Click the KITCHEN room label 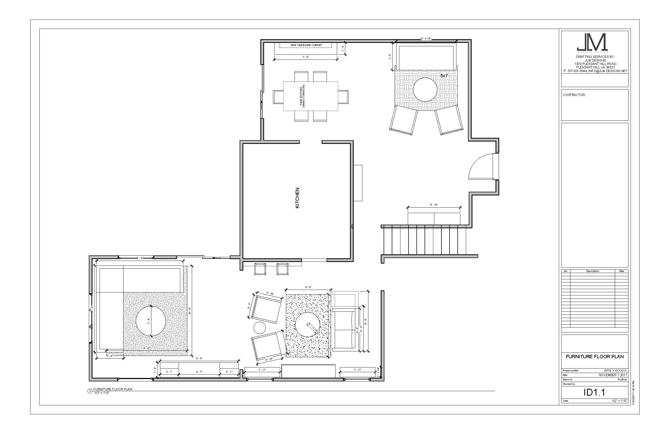point(297,198)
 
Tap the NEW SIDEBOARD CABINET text point(306,45)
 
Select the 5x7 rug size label point(444,75)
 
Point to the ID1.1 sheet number point(594,392)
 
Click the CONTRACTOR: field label point(574,95)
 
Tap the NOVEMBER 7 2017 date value point(612,375)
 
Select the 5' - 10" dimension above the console point(434,205)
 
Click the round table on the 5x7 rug point(425,90)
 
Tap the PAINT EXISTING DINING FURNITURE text point(302,96)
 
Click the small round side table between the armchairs point(260,328)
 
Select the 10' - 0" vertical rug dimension point(190,311)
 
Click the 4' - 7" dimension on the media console point(199,372)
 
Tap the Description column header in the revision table point(592,271)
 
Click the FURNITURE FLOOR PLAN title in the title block point(595,356)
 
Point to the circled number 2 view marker point(90,391)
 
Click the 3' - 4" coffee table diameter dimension point(148,321)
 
